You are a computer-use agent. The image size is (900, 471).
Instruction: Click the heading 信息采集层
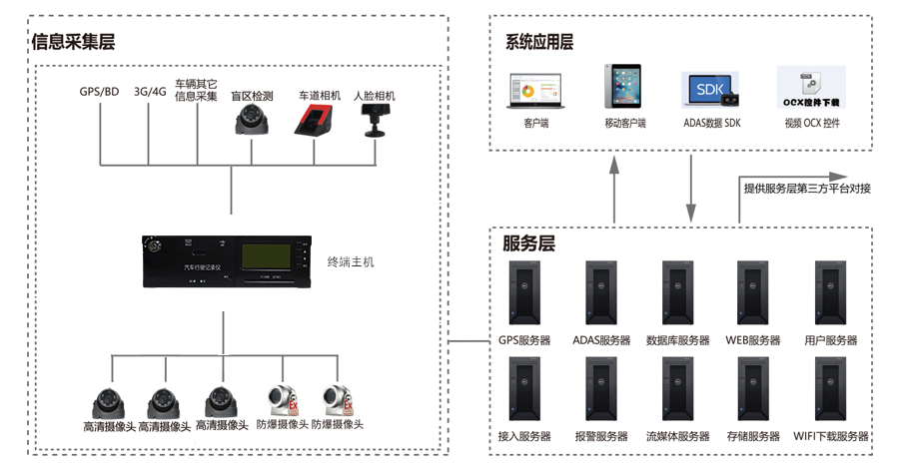coord(73,42)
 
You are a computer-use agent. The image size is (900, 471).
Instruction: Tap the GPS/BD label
coord(99,92)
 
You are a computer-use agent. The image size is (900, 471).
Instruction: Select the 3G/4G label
coord(150,92)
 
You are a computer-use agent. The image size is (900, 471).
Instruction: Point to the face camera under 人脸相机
coord(375,120)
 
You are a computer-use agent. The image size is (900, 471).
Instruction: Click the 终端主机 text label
coord(352,262)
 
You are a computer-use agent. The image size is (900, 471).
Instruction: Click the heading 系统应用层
coord(539,42)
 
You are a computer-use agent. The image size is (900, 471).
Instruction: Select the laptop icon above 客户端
coord(535,91)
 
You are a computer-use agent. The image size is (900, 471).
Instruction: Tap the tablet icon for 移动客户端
coord(624,87)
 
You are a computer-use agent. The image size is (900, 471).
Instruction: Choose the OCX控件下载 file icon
coord(811,87)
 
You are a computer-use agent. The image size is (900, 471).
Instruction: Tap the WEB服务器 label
coord(752,340)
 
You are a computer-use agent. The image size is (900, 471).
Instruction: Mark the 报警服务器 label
coord(601,436)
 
